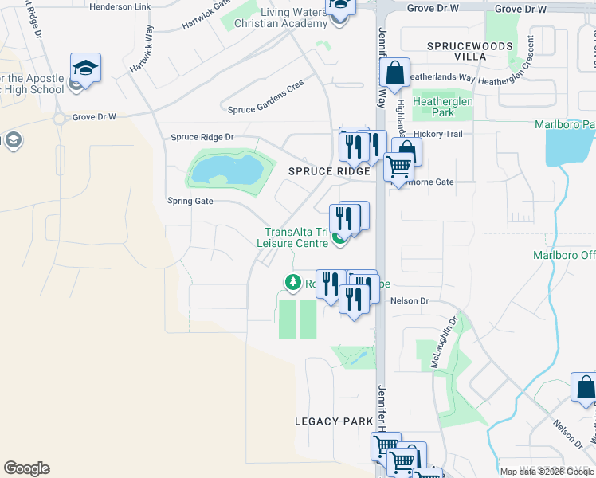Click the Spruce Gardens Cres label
[x=265, y=109]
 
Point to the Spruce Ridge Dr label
[x=202, y=137]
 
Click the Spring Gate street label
[x=190, y=202]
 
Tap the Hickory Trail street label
[x=438, y=134]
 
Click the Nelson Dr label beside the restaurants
[x=410, y=301]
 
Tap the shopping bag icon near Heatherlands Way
[x=394, y=74]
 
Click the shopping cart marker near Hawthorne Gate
[x=398, y=167]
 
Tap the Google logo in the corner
[x=26, y=468]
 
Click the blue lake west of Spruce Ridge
[x=228, y=170]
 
